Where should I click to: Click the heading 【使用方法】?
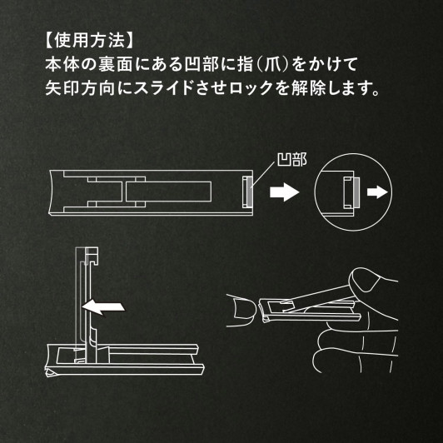point(88,40)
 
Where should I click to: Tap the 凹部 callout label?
point(291,160)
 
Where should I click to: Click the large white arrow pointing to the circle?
point(284,192)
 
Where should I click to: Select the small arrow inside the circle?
point(377,192)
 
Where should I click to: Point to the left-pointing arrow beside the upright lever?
point(103,306)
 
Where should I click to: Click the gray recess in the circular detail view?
point(356,192)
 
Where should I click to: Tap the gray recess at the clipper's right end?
point(250,192)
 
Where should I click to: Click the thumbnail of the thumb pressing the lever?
point(365,281)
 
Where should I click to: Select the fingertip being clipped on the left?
point(243,310)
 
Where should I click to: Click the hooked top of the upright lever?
point(92,255)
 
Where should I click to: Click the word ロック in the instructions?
point(251,88)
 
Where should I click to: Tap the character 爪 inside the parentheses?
point(272,64)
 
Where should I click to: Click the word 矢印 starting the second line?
point(62,88)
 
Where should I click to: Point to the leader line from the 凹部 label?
point(262,174)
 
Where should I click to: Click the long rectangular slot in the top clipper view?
point(168,192)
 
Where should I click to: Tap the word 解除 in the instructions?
point(308,88)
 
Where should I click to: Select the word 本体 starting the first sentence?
point(62,64)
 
